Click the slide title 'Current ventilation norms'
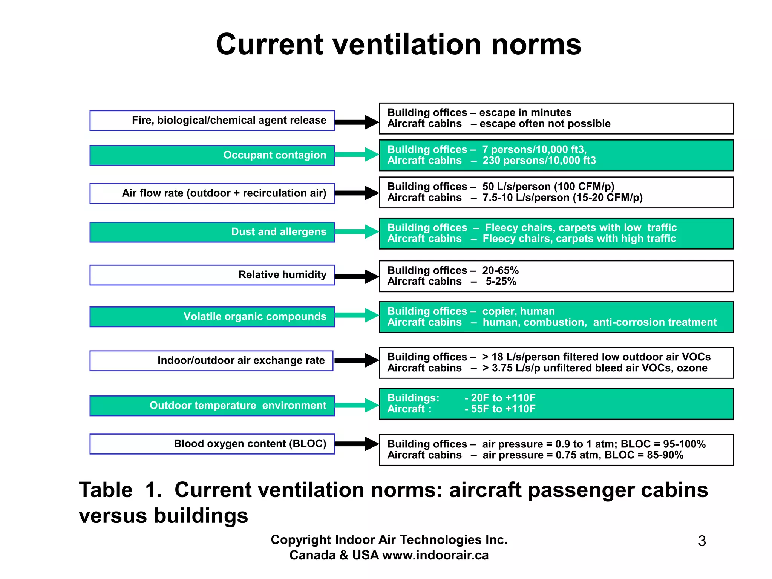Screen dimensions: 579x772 (x=398, y=44)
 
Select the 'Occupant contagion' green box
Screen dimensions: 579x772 (x=212, y=155)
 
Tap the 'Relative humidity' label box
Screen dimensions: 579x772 (x=212, y=275)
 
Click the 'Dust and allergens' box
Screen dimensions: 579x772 (x=212, y=232)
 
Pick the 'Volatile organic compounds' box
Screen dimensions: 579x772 (x=212, y=317)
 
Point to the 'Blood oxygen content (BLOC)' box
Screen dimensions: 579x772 (x=212, y=444)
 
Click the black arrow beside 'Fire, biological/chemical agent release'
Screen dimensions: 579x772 (x=356, y=122)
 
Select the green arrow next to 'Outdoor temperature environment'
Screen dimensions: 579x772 (x=356, y=405)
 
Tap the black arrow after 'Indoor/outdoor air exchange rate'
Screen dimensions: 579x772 (x=356, y=360)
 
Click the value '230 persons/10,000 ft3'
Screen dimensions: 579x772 (x=539, y=161)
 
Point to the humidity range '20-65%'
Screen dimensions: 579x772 (x=500, y=270)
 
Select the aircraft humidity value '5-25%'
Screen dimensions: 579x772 (x=501, y=282)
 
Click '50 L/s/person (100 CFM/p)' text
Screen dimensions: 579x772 (x=548, y=187)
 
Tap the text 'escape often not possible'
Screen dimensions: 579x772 (x=545, y=124)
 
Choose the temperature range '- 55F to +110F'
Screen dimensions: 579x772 (x=500, y=409)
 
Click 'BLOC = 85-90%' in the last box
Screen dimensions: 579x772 (x=644, y=455)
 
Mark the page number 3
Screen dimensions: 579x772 (x=702, y=541)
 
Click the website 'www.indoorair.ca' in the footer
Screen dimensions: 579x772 (x=435, y=555)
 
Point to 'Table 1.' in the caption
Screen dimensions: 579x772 (x=120, y=490)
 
